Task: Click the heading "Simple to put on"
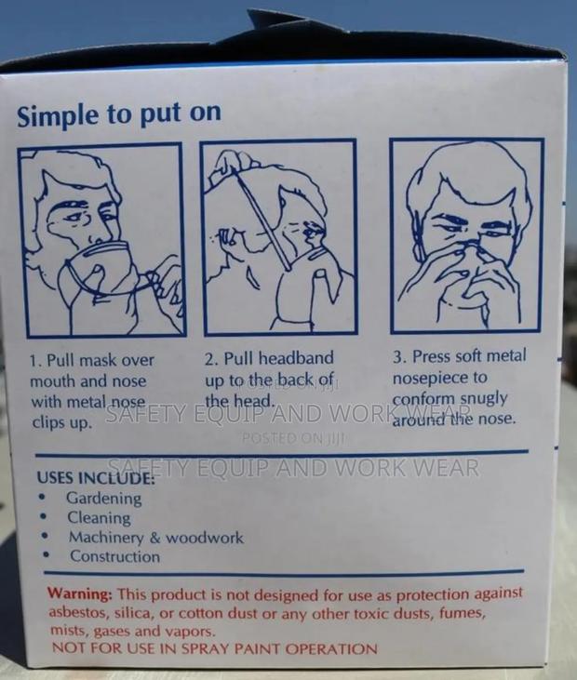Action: (x=119, y=114)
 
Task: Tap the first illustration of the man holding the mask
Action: (x=102, y=240)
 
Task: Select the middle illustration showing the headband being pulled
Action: (x=279, y=237)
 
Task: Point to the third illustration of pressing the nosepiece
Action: (x=467, y=236)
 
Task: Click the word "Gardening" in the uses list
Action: (x=103, y=499)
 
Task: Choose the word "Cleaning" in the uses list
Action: (x=99, y=517)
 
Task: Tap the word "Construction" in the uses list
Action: (x=115, y=556)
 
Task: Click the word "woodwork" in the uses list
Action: (x=205, y=538)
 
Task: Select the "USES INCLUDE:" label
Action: (x=96, y=477)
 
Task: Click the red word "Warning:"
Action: (x=80, y=593)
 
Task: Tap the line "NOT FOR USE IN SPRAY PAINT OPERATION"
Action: (x=214, y=648)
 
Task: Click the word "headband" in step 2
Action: (x=296, y=358)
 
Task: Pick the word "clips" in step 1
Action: (x=46, y=422)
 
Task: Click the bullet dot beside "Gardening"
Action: (x=42, y=497)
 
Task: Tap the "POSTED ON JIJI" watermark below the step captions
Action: (x=293, y=438)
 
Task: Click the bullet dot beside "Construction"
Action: (x=46, y=554)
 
